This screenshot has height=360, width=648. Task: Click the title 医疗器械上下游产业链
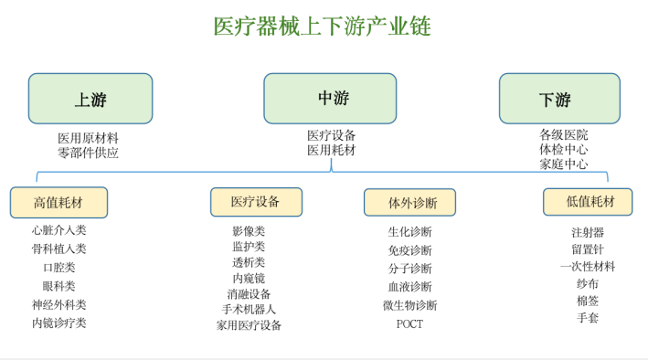click(x=322, y=26)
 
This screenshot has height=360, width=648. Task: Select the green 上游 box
click(x=90, y=99)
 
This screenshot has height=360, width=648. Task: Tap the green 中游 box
click(x=330, y=98)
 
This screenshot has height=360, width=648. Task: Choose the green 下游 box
click(x=558, y=99)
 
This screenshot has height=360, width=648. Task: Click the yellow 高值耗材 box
click(x=58, y=202)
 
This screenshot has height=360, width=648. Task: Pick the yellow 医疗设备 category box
click(x=256, y=201)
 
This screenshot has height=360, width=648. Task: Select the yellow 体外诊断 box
click(x=409, y=202)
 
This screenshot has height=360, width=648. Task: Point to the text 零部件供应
click(x=89, y=154)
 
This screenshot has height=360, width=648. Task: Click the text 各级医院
click(x=563, y=135)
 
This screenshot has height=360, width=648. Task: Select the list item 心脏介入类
click(x=58, y=230)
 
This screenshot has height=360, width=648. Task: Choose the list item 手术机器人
click(x=249, y=309)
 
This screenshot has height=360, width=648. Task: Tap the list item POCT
click(x=409, y=323)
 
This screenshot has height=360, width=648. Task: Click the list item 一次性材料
click(x=588, y=267)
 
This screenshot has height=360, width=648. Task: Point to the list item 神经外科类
click(x=58, y=304)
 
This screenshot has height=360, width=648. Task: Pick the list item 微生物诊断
click(x=409, y=305)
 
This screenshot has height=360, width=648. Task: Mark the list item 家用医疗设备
click(x=249, y=324)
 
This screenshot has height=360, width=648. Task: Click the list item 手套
click(x=588, y=318)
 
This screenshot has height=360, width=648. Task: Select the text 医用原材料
click(x=89, y=138)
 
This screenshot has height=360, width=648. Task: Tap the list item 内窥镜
click(x=249, y=278)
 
